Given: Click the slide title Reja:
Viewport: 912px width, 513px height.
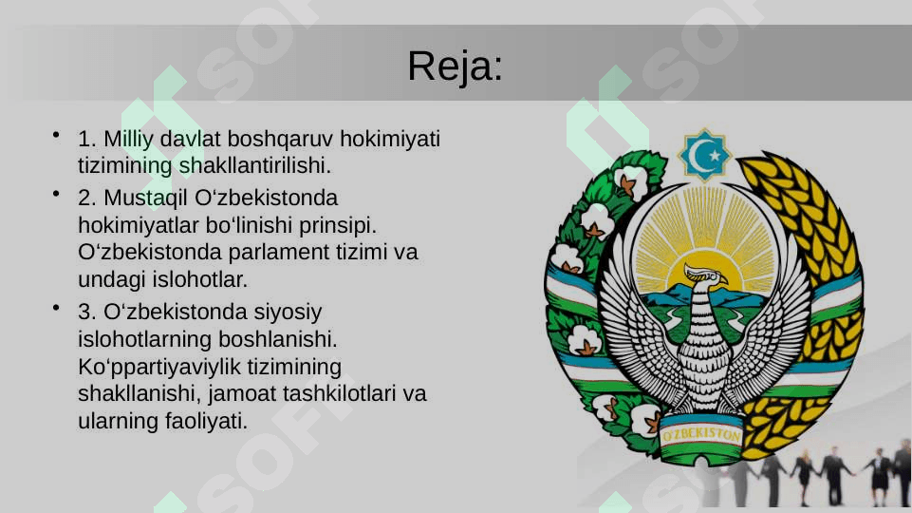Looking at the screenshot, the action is coord(455,66).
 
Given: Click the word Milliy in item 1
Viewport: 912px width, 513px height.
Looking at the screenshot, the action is coord(128,140).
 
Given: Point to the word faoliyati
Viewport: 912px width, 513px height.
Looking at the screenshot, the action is coord(207,421).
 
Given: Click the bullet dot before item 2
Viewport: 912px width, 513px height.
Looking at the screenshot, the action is coord(56,193).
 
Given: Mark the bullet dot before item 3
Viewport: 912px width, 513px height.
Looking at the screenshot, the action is coord(56,308).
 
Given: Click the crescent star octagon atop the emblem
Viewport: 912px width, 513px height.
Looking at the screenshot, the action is coord(704,155).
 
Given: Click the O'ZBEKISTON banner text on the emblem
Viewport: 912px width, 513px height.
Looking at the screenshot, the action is coord(701,434).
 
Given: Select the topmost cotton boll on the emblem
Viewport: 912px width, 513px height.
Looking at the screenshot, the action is coord(632,181).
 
